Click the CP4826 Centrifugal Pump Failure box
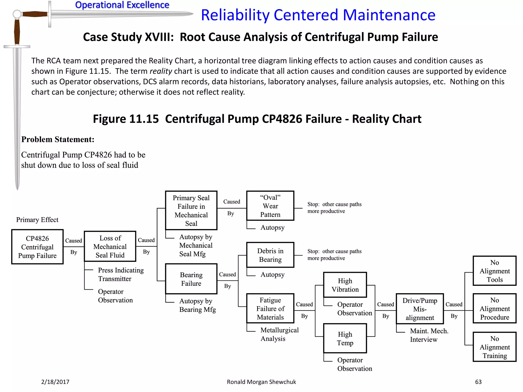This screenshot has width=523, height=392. [x=37, y=247]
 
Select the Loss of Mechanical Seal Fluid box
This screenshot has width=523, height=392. [x=110, y=246]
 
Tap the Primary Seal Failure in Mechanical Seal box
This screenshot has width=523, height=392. [x=191, y=210]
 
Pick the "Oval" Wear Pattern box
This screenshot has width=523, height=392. [x=270, y=206]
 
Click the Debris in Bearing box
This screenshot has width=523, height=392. [x=270, y=255]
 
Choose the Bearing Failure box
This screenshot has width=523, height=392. [x=191, y=279]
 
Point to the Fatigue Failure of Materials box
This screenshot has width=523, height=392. [x=270, y=308]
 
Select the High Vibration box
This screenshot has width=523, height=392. [x=345, y=285]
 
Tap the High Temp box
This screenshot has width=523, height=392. [x=345, y=338]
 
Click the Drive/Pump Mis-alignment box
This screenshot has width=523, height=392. [x=420, y=309]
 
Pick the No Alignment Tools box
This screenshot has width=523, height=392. [x=495, y=271]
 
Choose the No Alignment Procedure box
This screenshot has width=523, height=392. [x=495, y=308]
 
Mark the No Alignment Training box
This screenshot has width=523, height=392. [x=495, y=347]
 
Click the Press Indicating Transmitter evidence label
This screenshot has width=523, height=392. [x=121, y=274]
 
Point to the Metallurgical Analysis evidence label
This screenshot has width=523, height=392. [x=279, y=334]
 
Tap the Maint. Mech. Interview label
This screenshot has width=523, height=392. [x=429, y=335]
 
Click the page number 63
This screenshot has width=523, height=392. [x=478, y=382]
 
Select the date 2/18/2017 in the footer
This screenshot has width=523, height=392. [x=55, y=382]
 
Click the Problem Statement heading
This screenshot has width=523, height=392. [x=58, y=139]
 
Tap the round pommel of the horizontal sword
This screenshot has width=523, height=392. [x=17, y=14]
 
